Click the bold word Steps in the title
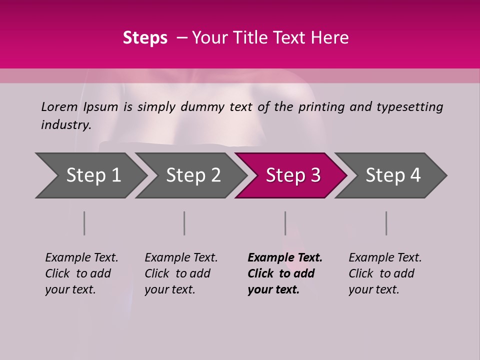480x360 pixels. pyautogui.click(x=145, y=38)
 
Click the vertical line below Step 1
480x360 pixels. pyautogui.click(x=84, y=223)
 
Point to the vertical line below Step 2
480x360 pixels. pyautogui.click(x=184, y=223)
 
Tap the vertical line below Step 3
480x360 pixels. pyautogui.click(x=285, y=223)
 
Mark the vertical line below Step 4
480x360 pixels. pyautogui.click(x=386, y=223)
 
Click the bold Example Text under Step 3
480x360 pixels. pyautogui.click(x=285, y=257)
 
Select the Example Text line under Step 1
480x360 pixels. pyautogui.click(x=81, y=257)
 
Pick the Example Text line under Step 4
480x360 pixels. pyautogui.click(x=385, y=257)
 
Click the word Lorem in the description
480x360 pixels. pyautogui.click(x=59, y=106)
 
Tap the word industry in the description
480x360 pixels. pyautogui.click(x=66, y=125)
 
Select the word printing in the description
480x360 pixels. pyautogui.click(x=318, y=106)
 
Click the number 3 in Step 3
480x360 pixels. pyautogui.click(x=315, y=175)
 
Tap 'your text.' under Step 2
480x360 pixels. pyautogui.click(x=170, y=289)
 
